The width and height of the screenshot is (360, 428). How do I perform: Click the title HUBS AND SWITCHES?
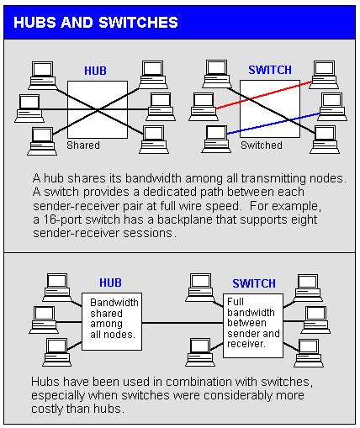tap(96, 23)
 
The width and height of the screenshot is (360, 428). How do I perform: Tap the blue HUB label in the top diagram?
tap(95, 71)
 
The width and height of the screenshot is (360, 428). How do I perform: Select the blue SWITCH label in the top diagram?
tap(270, 70)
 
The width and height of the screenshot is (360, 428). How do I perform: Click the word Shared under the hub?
tap(83, 145)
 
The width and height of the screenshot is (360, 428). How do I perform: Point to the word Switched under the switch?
tap(262, 145)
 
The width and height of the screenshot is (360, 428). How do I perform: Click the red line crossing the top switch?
tap(264, 95)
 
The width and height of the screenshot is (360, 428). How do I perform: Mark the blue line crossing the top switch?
tap(273, 124)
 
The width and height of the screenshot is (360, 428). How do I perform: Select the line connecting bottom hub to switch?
tap(183, 323)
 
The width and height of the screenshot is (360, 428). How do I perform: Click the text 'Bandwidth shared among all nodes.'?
tap(114, 319)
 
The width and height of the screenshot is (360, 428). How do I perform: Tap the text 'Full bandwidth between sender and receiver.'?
tap(253, 323)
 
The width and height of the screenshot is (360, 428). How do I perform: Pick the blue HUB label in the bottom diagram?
tap(110, 283)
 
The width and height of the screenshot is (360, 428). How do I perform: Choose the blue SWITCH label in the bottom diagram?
tap(254, 283)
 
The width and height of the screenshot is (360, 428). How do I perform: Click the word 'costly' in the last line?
tap(46, 409)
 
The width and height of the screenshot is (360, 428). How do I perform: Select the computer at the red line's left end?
tap(203, 107)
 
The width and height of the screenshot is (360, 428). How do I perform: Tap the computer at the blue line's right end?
tap(332, 107)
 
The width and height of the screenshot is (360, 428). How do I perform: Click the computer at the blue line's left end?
tap(216, 139)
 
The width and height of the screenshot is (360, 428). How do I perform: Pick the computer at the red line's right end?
tap(324, 75)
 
